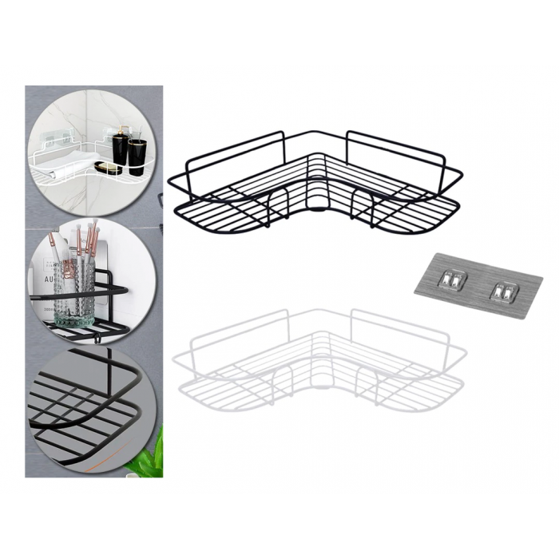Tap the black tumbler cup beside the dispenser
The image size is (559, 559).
tap(137, 155)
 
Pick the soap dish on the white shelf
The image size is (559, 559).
tap(108, 168)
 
